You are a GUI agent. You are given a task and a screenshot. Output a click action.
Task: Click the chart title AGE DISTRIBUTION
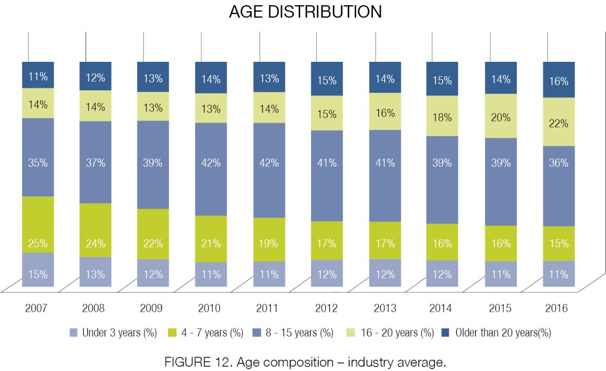305,12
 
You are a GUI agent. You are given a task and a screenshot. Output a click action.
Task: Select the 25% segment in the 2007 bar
38,225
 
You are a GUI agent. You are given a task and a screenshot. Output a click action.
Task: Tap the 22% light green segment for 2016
559,122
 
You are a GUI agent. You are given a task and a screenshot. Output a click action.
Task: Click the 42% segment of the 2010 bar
211,169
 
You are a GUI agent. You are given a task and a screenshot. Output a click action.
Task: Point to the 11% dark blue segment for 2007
38,75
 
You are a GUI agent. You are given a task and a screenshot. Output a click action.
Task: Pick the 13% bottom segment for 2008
95,272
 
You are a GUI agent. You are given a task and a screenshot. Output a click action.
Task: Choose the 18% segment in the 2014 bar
442,116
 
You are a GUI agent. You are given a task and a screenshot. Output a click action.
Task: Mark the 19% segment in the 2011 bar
269,240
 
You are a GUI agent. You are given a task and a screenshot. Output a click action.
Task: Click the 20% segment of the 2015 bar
501,116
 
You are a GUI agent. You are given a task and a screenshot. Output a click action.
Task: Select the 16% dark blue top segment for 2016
559,79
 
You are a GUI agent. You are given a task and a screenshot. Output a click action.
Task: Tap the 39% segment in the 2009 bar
153,165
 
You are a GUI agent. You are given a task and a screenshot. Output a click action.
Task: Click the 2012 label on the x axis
326,308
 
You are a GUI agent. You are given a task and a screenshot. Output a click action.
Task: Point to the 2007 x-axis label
36,308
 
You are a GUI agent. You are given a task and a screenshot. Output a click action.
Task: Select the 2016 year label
556,308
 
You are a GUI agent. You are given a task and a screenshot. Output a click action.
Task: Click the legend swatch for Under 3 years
73,333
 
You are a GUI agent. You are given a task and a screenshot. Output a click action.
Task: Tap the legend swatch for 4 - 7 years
172,333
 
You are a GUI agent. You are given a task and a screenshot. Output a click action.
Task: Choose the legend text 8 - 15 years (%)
300,333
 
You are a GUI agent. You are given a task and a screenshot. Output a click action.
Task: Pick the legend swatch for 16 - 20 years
351,333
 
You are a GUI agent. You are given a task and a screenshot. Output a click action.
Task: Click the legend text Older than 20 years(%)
503,333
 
